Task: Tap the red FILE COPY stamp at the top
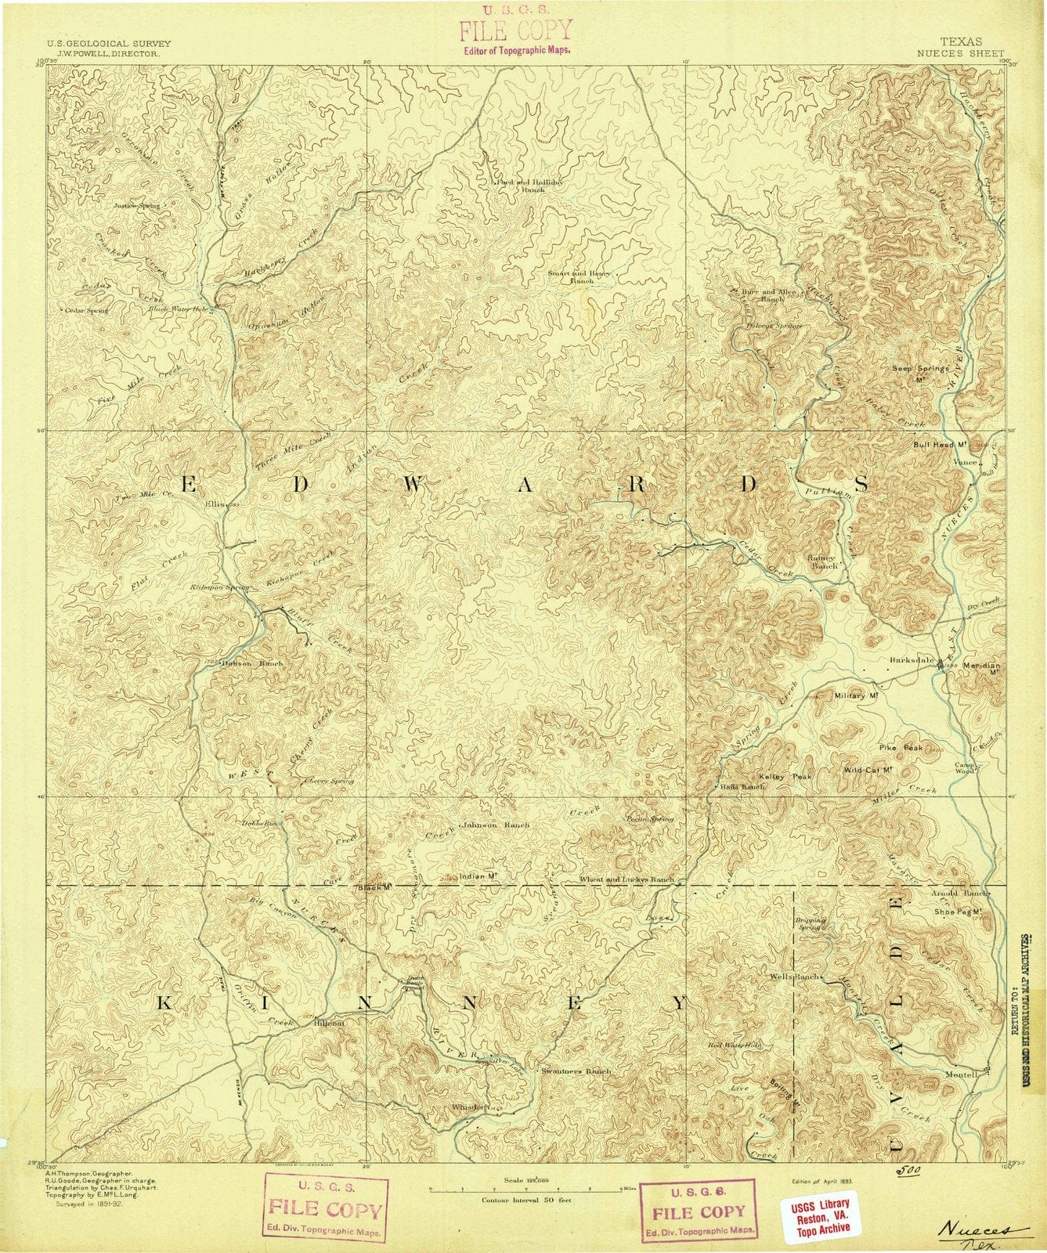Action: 515,31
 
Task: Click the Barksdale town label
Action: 912,659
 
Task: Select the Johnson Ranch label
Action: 496,825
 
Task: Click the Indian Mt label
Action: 479,877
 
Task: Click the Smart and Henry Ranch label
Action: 579,276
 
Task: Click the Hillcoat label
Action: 329,1023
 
